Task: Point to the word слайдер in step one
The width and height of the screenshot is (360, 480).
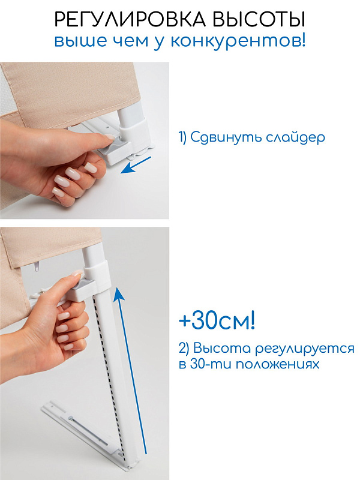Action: point(295,137)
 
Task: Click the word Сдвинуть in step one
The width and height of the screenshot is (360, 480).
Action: point(226,137)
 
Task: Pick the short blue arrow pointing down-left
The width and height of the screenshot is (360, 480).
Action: point(136,165)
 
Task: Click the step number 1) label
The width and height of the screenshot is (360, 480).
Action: point(183,137)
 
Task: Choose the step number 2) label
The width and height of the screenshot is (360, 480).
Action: point(184,349)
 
